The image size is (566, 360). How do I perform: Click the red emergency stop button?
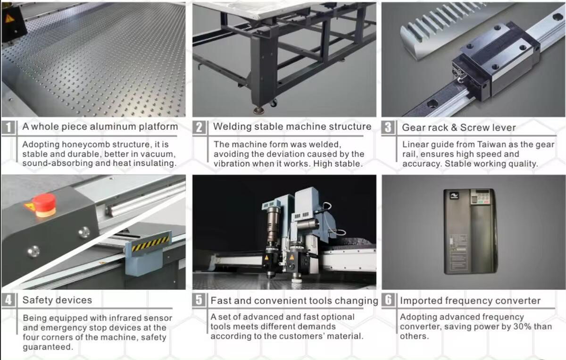click(44, 205)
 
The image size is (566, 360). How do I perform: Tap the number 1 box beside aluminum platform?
click(8, 127)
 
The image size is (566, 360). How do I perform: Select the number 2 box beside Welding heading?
click(200, 127)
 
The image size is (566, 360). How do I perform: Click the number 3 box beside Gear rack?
click(388, 127)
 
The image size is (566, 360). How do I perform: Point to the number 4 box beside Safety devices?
click(8, 300)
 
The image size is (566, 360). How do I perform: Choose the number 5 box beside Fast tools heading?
click(199, 300)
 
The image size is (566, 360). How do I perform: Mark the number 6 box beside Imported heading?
click(388, 300)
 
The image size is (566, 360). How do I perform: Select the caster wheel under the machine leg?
click(273, 103)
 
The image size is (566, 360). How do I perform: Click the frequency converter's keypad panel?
click(482, 196)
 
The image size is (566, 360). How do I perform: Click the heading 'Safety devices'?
click(57, 300)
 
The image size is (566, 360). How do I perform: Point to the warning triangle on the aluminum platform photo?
click(9, 19)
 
